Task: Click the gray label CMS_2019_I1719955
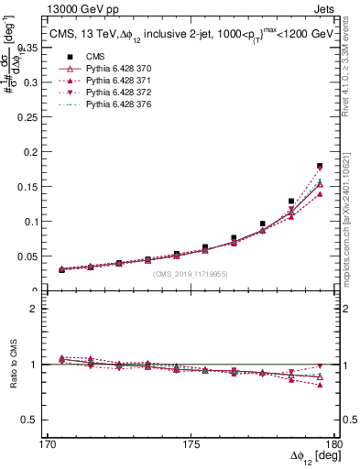[x=191, y=273]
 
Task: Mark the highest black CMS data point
[x=320, y=166]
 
